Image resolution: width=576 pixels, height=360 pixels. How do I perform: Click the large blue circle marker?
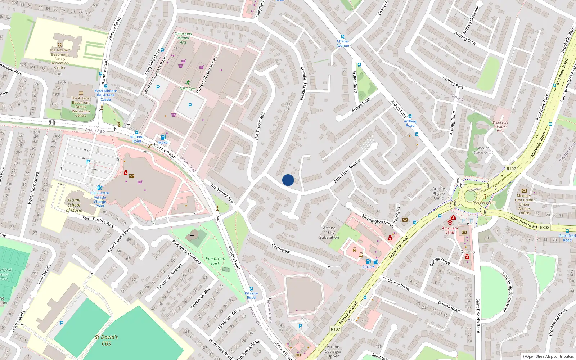(x=288, y=180)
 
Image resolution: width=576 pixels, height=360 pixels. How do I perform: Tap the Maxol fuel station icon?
(x=163, y=137)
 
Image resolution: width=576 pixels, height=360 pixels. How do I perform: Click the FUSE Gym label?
(x=188, y=89)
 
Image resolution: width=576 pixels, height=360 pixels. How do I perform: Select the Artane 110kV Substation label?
(x=329, y=233)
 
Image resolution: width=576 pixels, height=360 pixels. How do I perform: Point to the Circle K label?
(x=368, y=267)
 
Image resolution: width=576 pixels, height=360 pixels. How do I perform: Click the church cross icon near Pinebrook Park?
(x=192, y=237)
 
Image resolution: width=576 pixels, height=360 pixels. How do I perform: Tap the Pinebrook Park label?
(x=215, y=261)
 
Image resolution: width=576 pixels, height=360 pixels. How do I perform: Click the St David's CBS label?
(x=106, y=340)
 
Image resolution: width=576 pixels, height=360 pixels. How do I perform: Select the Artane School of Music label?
(x=74, y=205)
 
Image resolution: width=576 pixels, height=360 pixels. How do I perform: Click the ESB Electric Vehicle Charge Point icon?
(x=100, y=188)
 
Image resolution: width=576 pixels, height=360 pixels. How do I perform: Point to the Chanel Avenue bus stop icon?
(x=342, y=37)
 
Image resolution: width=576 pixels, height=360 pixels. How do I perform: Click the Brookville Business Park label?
(x=500, y=127)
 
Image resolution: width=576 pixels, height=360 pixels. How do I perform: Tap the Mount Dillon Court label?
(x=483, y=150)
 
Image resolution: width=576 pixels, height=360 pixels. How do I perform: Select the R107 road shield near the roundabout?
(x=511, y=168)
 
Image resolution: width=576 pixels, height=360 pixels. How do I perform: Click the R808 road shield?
(x=545, y=227)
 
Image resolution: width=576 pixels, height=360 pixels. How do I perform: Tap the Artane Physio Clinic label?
(x=438, y=193)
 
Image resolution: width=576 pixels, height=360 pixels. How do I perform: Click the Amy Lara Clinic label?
(x=450, y=230)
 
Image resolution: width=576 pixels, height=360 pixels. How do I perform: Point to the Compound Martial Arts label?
(x=183, y=38)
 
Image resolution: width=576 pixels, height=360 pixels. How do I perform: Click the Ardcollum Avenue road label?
(x=347, y=171)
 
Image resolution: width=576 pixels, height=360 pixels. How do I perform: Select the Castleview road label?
(x=281, y=248)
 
